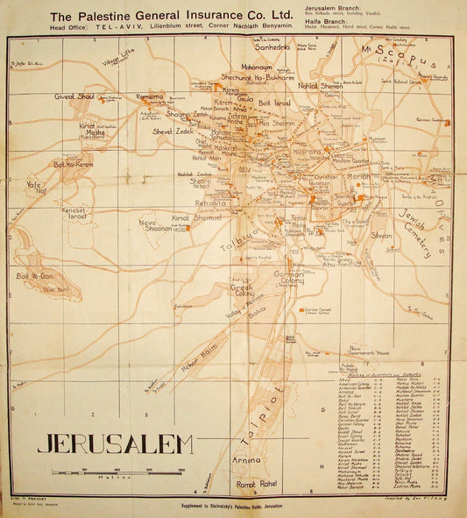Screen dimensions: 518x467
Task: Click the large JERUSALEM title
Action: pos(115,443)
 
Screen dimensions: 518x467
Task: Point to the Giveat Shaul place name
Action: pos(75,96)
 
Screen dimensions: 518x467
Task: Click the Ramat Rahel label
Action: pos(256,484)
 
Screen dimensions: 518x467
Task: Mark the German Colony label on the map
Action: pos(288,277)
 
